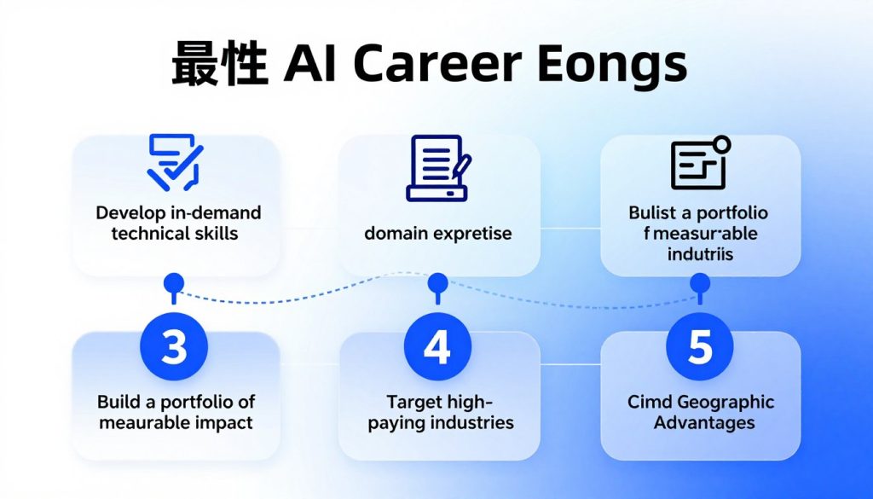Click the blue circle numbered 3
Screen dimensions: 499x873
tap(174, 346)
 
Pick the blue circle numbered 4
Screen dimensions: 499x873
tap(437, 346)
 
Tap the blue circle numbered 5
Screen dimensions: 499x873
tap(700, 346)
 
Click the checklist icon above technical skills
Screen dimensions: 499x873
tap(175, 161)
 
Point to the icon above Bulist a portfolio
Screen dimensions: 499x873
tap(699, 162)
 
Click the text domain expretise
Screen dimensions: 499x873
tap(438, 233)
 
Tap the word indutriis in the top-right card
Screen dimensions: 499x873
tap(699, 254)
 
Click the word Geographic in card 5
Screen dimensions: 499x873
tap(726, 402)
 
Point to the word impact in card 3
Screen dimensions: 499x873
tap(224, 422)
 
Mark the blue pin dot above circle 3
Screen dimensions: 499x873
tap(174, 281)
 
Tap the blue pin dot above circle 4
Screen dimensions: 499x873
tap(437, 281)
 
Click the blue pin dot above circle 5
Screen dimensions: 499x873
tap(700, 281)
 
